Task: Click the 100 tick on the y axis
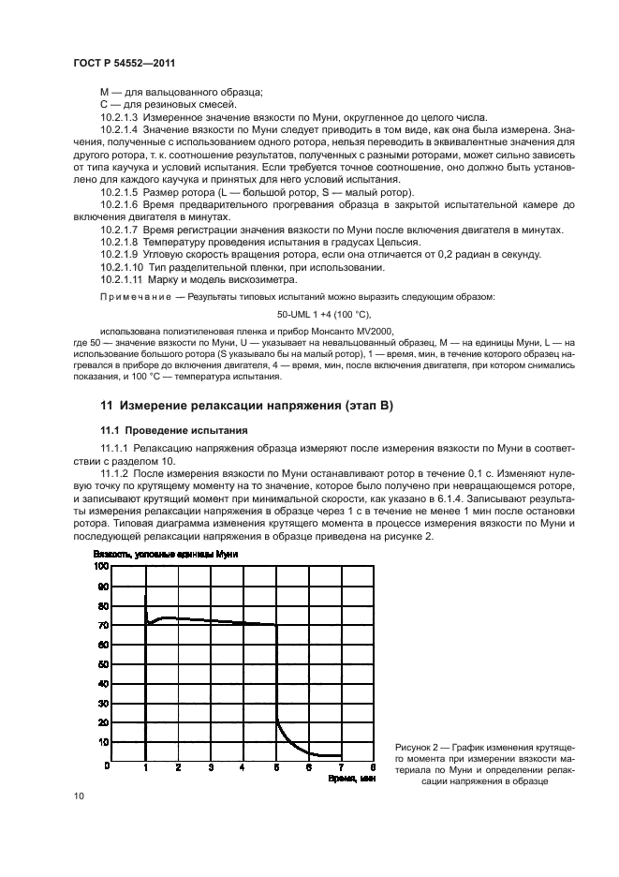101,567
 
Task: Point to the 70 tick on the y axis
103,625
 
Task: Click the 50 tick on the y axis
103,663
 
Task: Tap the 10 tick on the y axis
103,741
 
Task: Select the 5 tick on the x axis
276,767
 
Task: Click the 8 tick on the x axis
374,767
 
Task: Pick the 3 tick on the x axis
211,767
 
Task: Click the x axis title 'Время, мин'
351,778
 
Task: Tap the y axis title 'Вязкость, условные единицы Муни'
174,555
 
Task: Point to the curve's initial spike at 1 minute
146,604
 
